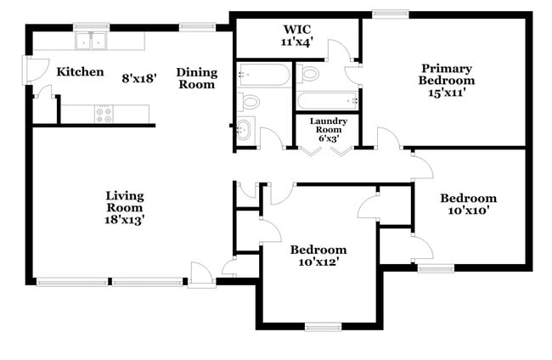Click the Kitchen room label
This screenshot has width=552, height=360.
pos(80,72)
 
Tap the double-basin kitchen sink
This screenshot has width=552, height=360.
pos(91,41)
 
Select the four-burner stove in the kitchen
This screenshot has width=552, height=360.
pos(104,114)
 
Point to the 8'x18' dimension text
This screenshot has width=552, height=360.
pos(140,78)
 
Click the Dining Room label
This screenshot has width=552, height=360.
pos(196,78)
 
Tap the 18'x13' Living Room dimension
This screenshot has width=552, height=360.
pos(125,219)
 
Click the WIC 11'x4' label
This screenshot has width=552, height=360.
pos(298,35)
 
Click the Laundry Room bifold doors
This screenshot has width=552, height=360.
pos(327,150)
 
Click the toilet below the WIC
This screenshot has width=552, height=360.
pos(308,74)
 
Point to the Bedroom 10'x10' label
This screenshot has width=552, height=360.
pos(468,204)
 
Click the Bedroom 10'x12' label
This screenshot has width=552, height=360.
pos(318,256)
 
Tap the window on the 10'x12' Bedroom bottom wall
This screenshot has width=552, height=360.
pos(323,326)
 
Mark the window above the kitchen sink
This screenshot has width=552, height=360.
pos(91,26)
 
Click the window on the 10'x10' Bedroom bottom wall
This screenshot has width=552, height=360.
pos(436,269)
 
